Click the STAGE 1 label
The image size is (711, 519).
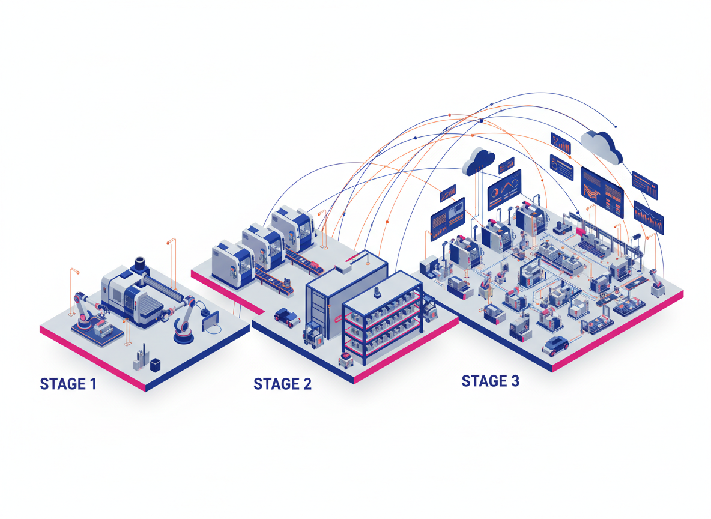pyautogui.click(x=68, y=384)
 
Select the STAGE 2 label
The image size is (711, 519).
pyautogui.click(x=282, y=384)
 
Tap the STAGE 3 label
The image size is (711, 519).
pyautogui.click(x=490, y=381)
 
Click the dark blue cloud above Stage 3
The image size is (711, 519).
pyautogui.click(x=479, y=160)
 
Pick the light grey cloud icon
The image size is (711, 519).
pyautogui.click(x=601, y=146)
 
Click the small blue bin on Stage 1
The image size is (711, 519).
pyautogui.click(x=156, y=364)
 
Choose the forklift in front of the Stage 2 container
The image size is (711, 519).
pyautogui.click(x=313, y=334)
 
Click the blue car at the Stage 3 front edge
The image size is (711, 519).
pyautogui.click(x=555, y=345)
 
